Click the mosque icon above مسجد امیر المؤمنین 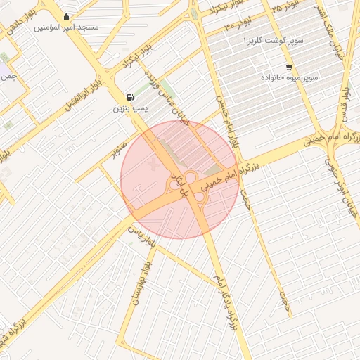pyautogui.click(x=67, y=17)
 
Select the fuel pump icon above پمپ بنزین pyautogui.click(x=129, y=98)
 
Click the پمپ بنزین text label pyautogui.click(x=130, y=109)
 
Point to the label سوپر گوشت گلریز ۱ pyautogui.click(x=273, y=41)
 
